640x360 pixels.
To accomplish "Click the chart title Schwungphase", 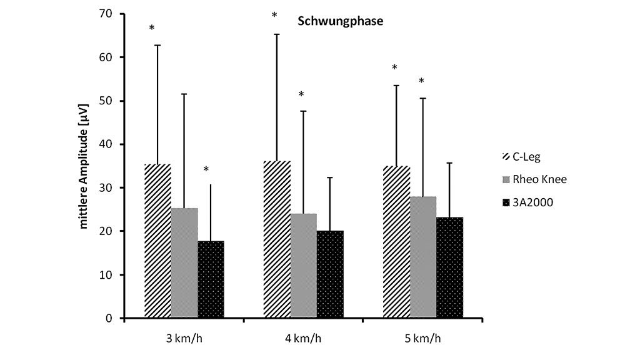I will pos(339,21).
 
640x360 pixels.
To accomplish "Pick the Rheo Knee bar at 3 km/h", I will pos(184,263).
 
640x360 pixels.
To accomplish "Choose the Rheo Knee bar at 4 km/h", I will pos(304,266).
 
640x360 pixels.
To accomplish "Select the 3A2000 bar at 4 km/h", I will pos(330,274).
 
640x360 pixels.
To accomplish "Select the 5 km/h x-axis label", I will pos(422,339).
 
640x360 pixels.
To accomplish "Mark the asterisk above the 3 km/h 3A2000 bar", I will pos(206,169).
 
